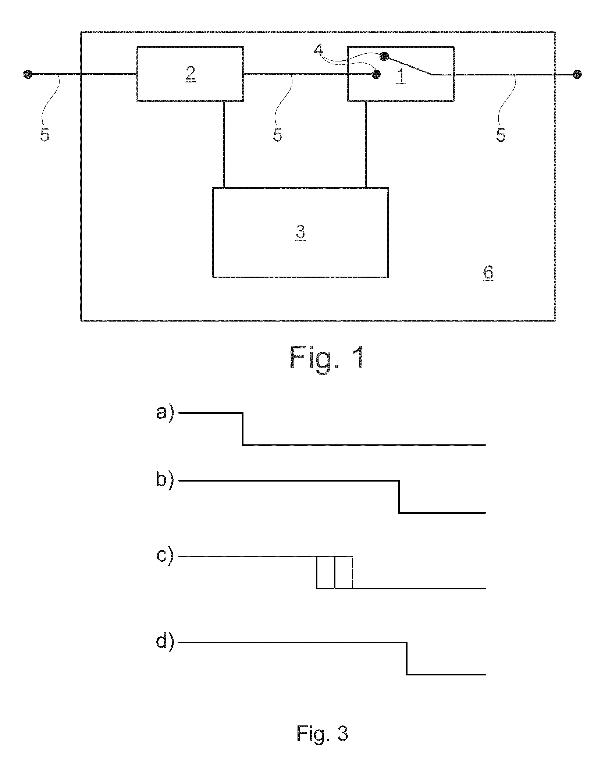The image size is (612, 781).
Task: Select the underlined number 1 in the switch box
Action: (x=401, y=76)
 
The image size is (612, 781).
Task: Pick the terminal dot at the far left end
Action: (x=28, y=74)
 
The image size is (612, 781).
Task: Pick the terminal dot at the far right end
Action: (x=577, y=74)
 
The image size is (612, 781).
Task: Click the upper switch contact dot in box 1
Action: (x=384, y=56)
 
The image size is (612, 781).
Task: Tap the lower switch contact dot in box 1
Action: (x=376, y=74)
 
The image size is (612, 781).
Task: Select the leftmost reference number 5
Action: (x=45, y=135)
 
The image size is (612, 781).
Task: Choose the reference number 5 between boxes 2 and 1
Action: (x=278, y=135)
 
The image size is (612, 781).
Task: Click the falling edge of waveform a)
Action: (x=243, y=429)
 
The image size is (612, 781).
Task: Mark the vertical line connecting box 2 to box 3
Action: (x=224, y=145)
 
